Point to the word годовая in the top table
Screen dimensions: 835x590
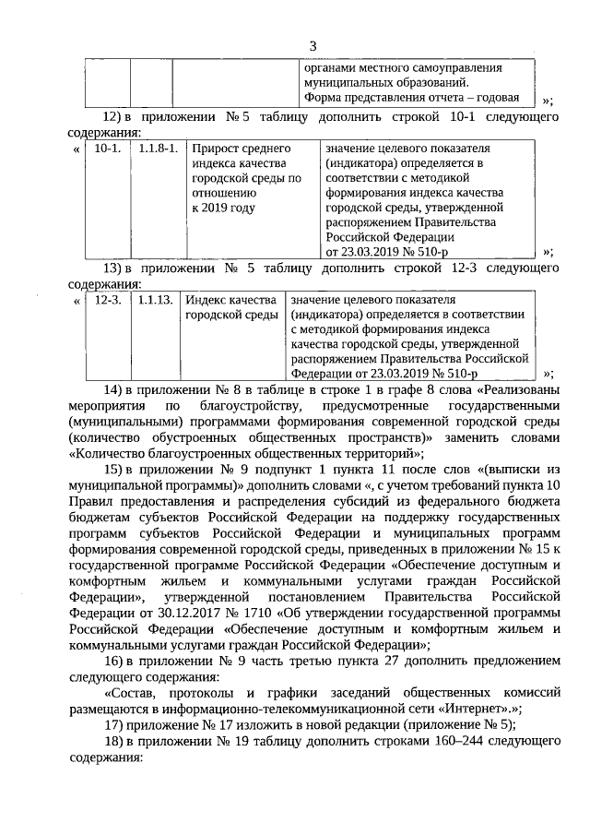pos(496,99)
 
